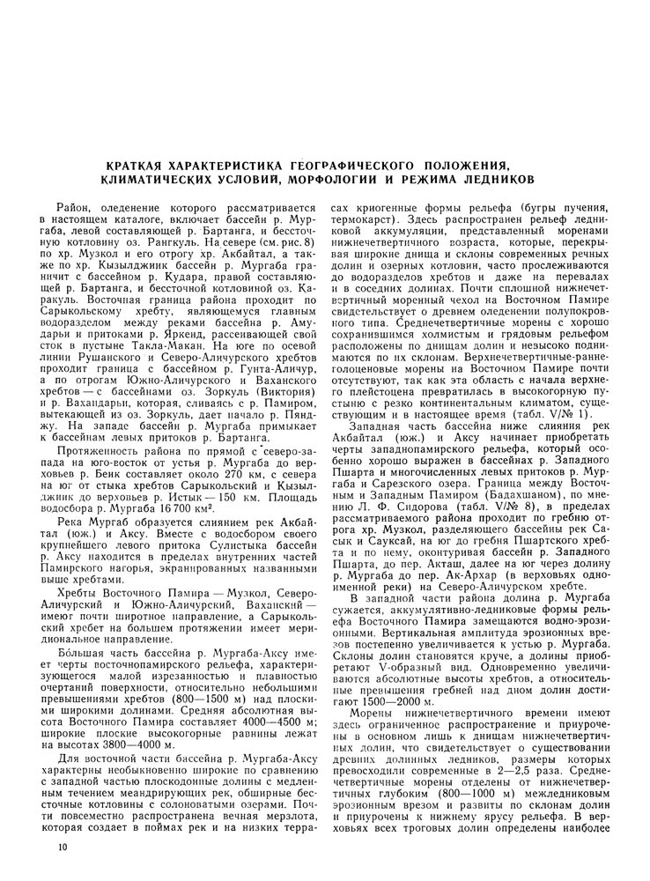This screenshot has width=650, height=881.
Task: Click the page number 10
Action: pos(59,847)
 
